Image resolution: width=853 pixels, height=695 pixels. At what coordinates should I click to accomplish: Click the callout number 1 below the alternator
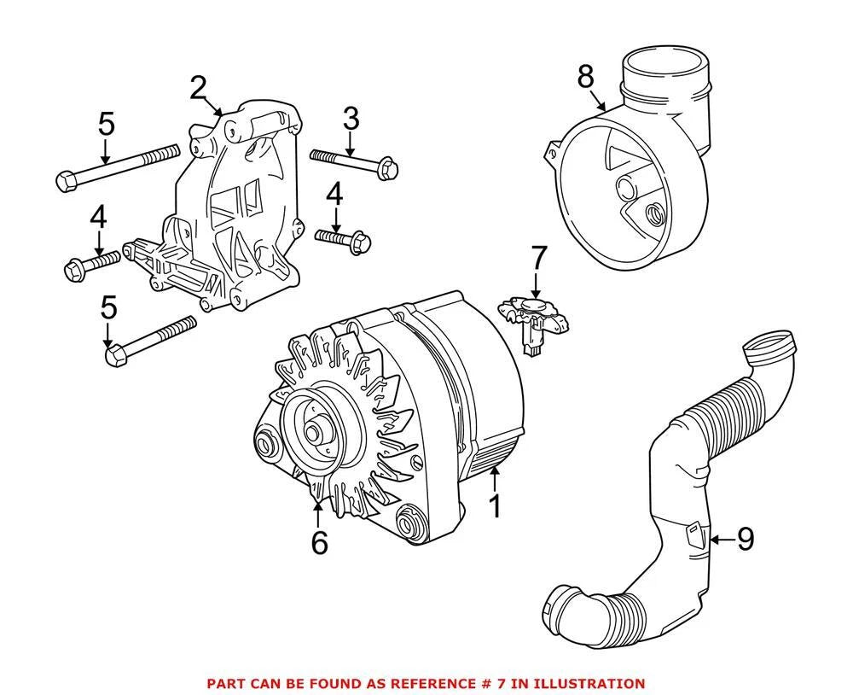(x=495, y=506)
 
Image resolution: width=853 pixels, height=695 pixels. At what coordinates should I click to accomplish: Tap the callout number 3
(x=351, y=119)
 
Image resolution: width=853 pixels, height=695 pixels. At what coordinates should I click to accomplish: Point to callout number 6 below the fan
(x=319, y=541)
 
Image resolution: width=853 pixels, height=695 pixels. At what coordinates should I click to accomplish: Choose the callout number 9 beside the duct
(x=746, y=540)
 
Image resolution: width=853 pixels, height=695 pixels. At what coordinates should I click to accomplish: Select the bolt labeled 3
(x=354, y=161)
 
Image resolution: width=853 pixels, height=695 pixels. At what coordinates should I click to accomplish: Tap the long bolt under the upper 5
(x=118, y=168)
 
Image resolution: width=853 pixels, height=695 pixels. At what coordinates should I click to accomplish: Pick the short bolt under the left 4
(x=92, y=266)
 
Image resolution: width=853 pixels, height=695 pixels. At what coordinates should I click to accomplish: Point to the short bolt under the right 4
(x=343, y=241)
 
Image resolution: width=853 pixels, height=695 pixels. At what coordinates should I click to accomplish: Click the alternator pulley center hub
(x=313, y=433)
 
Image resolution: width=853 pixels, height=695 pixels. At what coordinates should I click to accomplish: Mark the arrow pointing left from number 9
(x=722, y=540)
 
